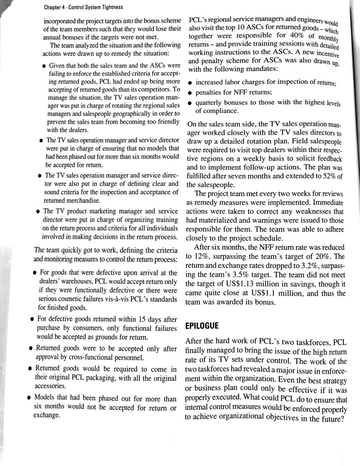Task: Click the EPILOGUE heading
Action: click(202, 325)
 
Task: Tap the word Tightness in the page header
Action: click(111, 7)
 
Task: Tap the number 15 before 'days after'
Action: click(142, 319)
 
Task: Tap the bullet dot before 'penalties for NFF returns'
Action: click(190, 93)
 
